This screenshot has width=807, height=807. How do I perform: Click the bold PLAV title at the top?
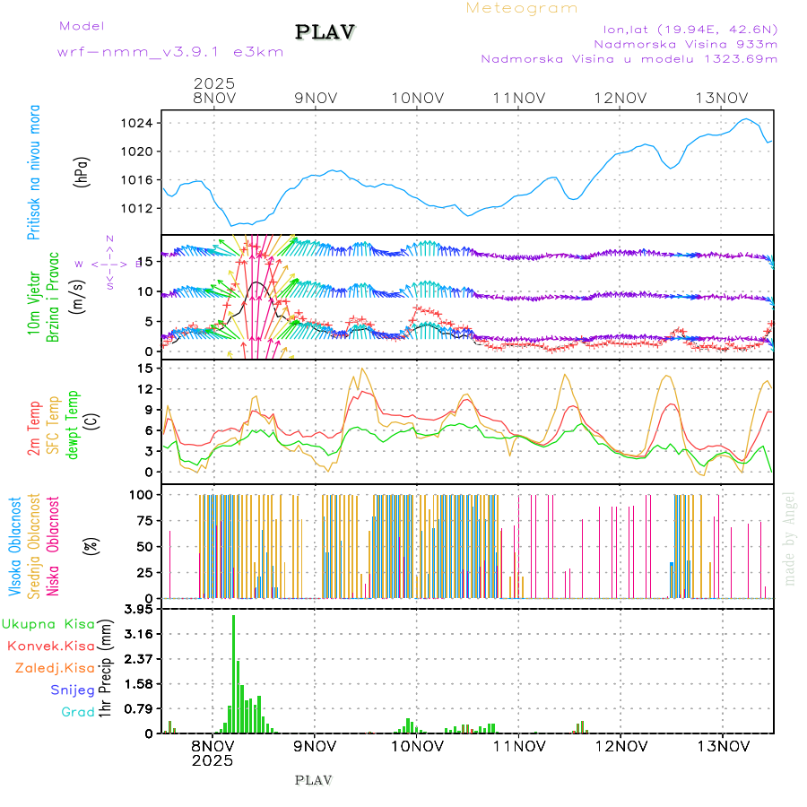click(x=326, y=32)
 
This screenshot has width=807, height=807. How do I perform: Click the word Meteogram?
click(x=522, y=8)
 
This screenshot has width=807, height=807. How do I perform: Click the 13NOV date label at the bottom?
click(x=723, y=745)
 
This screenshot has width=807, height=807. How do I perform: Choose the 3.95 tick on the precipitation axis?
click(x=139, y=610)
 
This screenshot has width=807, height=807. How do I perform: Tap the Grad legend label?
click(x=78, y=712)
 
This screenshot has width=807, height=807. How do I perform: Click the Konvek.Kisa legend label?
click(x=50, y=646)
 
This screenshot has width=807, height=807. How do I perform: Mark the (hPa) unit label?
click(x=82, y=171)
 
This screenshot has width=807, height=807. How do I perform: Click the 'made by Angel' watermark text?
click(x=789, y=538)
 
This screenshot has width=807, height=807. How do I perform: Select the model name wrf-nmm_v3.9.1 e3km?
click(x=170, y=52)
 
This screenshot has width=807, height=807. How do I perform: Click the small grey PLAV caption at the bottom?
click(x=313, y=780)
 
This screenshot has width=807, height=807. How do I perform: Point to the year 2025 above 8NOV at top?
click(x=214, y=83)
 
